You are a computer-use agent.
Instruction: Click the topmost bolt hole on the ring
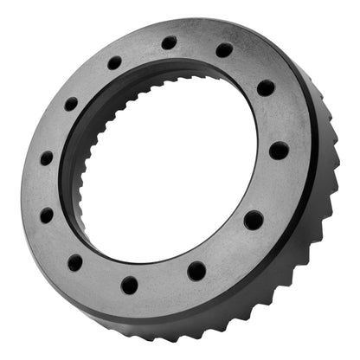[x=169, y=42]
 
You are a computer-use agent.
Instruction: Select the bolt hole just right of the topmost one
[x=224, y=50]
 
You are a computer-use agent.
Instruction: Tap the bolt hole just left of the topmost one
[x=114, y=63]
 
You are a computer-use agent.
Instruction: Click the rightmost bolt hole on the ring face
[x=279, y=151]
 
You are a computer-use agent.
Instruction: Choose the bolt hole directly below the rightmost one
[x=254, y=220]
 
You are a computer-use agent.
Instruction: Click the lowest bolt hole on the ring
[x=130, y=285]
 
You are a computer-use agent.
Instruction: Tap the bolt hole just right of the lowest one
[x=197, y=271]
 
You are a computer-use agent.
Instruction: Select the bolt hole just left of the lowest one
[x=76, y=262]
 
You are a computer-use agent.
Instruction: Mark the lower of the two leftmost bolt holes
[x=47, y=215]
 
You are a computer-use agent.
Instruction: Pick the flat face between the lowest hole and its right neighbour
[x=164, y=282]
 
